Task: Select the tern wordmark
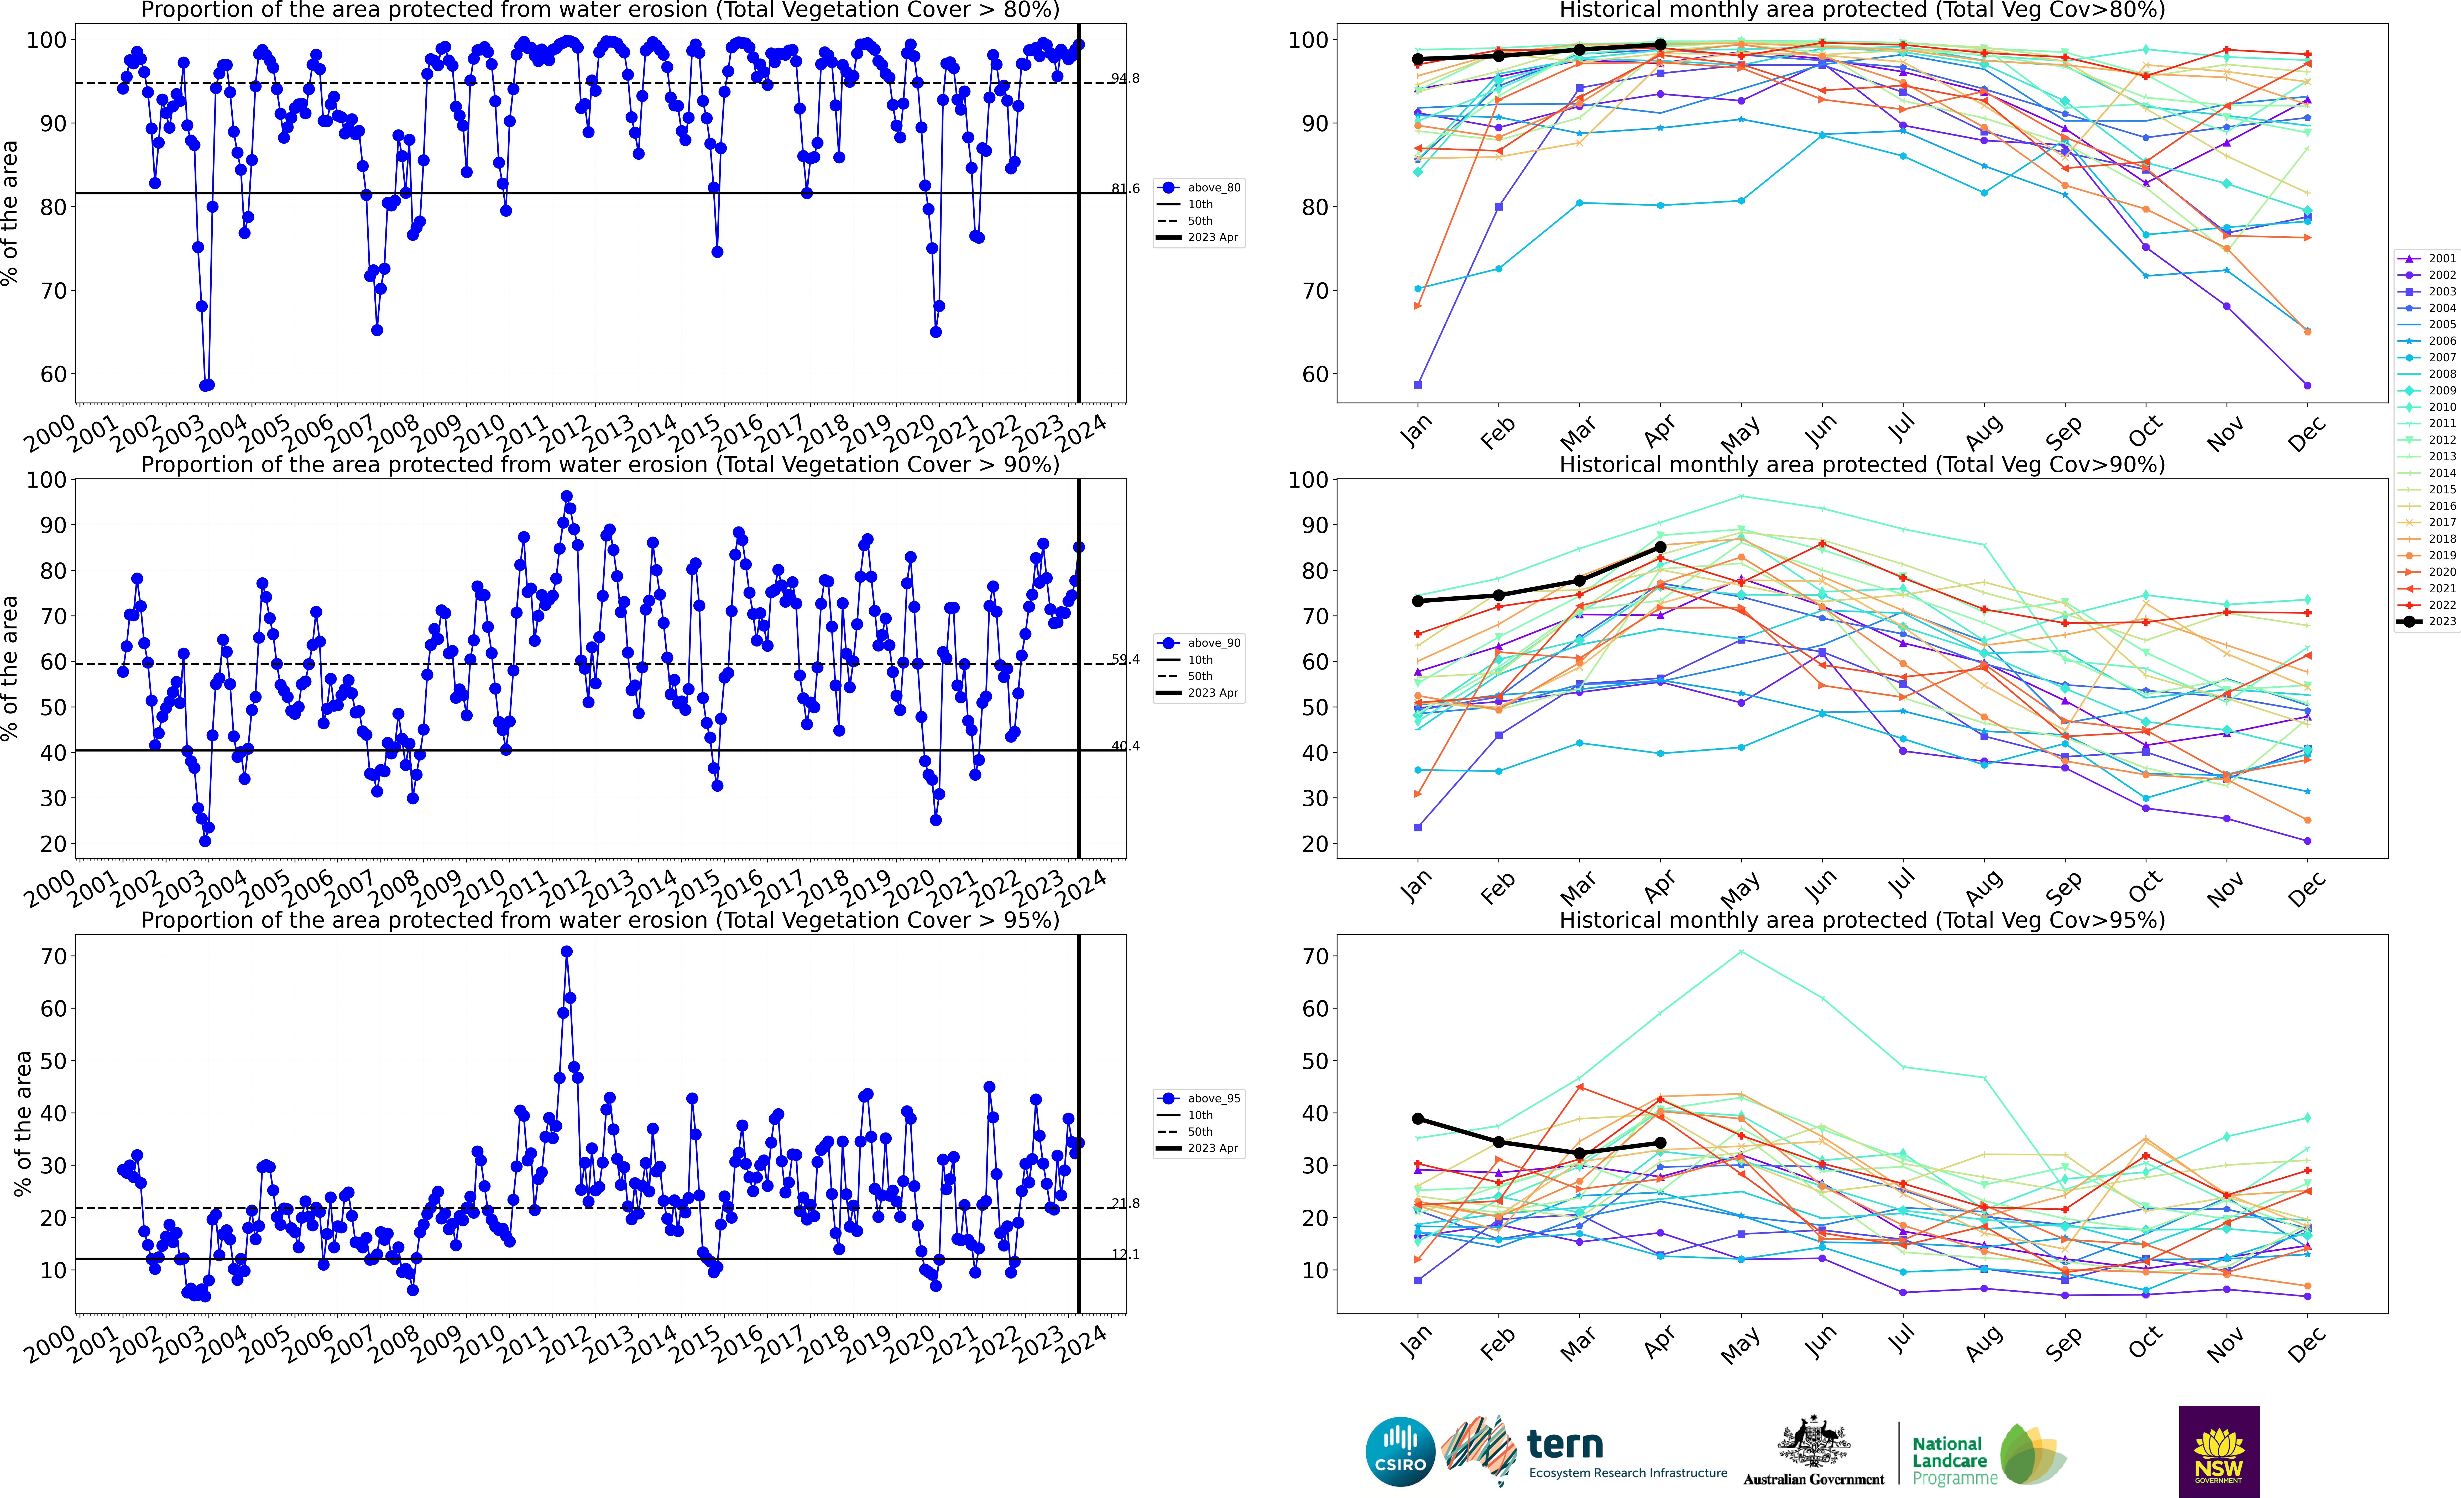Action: (1565, 1444)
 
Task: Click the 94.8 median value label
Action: (1125, 78)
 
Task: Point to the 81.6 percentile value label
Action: (1125, 189)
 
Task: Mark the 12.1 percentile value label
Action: (1125, 1254)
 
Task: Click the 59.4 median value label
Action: (1125, 659)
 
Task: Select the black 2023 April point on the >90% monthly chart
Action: (1660, 547)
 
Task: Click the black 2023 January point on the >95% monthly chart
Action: (1417, 1119)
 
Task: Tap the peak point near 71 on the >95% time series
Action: (566, 952)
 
